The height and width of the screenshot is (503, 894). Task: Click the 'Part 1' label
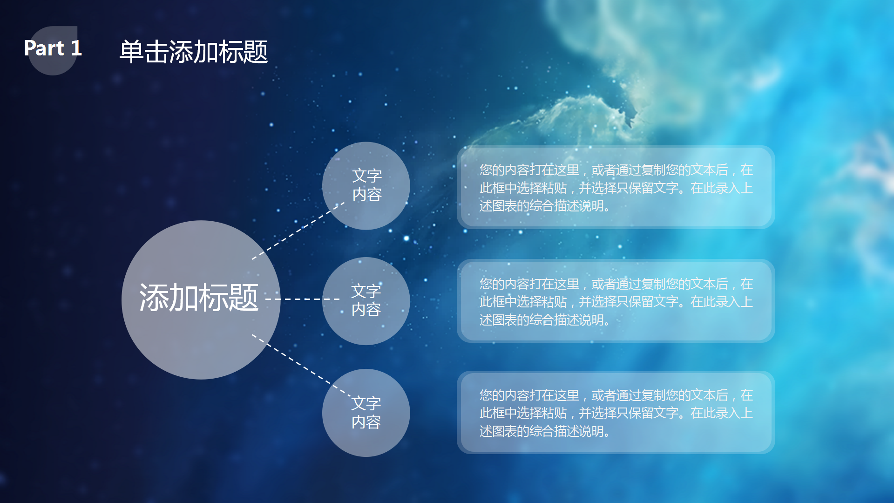[x=53, y=48]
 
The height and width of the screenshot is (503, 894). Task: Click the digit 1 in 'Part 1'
[x=76, y=48]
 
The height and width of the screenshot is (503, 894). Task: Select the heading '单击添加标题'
[x=193, y=52]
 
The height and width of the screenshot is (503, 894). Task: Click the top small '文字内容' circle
[x=366, y=185]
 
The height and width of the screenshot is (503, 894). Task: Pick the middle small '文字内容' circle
[x=366, y=301]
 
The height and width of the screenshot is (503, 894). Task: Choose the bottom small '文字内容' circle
[x=366, y=413]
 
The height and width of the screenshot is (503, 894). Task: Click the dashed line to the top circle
[x=298, y=231]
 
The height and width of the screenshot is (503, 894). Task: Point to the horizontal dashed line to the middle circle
[x=303, y=299]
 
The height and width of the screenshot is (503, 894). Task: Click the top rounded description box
[x=616, y=187]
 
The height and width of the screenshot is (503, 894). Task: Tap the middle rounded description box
[x=616, y=301]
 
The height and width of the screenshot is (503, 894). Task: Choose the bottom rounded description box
[x=616, y=413]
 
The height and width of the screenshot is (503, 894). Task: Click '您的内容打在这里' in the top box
[x=529, y=170]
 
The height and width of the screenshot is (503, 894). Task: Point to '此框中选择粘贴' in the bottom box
[x=523, y=413]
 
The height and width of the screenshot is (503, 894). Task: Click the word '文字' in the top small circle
[x=366, y=176]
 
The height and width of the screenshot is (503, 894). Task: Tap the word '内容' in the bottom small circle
[x=366, y=422]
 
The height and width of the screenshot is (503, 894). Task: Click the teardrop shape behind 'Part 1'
[x=53, y=65]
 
